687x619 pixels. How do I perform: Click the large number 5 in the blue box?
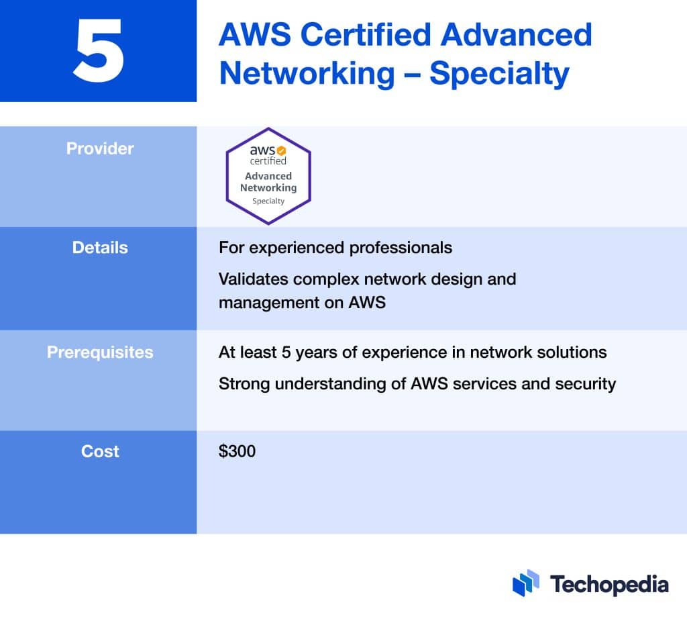pyautogui.click(x=99, y=50)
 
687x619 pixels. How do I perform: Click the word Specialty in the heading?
pyautogui.click(x=499, y=73)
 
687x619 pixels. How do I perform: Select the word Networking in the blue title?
pyautogui.click(x=307, y=73)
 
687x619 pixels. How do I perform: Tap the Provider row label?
pyautogui.click(x=100, y=148)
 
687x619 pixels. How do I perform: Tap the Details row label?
pyautogui.click(x=100, y=247)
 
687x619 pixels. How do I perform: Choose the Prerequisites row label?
pyautogui.click(x=100, y=352)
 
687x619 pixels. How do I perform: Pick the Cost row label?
pyautogui.click(x=100, y=451)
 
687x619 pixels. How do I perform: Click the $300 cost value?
pyautogui.click(x=237, y=451)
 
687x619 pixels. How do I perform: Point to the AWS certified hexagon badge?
pyautogui.click(x=268, y=176)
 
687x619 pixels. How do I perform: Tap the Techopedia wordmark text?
pyautogui.click(x=609, y=583)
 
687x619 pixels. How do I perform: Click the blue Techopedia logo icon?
pyautogui.click(x=526, y=583)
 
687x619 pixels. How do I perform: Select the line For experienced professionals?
pyautogui.click(x=335, y=247)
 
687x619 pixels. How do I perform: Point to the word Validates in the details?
pyautogui.click(x=252, y=279)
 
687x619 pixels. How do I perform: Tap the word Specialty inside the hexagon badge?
pyautogui.click(x=268, y=201)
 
